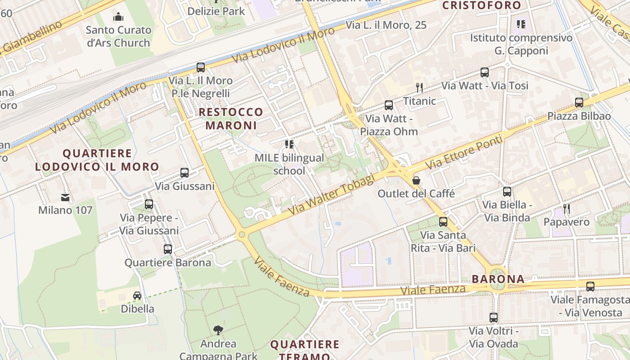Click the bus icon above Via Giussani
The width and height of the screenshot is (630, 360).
pos(184,173)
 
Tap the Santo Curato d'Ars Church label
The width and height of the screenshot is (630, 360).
pos(118,36)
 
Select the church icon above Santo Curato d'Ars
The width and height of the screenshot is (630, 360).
pos(118,17)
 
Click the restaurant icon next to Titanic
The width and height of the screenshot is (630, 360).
pos(419,87)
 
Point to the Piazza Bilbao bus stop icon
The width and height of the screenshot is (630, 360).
pos(579,103)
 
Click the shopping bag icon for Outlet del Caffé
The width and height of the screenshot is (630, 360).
pos(416,180)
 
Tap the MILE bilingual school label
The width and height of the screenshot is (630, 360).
pos(289,164)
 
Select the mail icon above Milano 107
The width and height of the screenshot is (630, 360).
pos(65,197)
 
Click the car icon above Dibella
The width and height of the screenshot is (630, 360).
pos(137,296)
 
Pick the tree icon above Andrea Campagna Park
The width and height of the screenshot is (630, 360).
pos(218,330)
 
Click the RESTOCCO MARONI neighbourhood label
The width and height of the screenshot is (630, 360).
pos(231,118)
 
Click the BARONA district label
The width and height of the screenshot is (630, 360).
pos(498,279)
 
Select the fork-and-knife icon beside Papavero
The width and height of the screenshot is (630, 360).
pos(567,209)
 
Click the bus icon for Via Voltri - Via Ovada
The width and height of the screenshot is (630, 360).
pos(493,318)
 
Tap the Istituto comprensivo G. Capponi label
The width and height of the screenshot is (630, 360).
pos(521,44)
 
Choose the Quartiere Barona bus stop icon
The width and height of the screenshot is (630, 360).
pos(167,249)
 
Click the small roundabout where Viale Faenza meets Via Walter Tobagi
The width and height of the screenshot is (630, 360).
pos(242,234)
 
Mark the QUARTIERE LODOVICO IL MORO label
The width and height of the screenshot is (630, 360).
pos(97,160)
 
